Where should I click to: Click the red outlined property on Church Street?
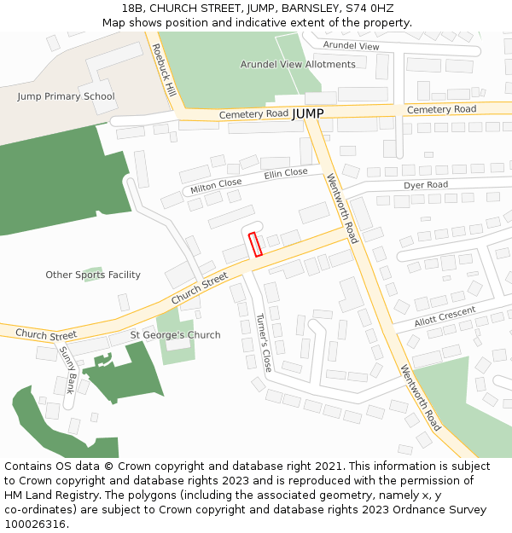[254, 244]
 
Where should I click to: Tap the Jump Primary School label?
[66, 96]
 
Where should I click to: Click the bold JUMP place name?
[308, 113]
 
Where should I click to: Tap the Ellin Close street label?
[286, 173]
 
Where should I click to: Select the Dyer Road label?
[425, 184]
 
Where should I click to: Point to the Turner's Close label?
[264, 343]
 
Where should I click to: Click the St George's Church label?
[175, 335]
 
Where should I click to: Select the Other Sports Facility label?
[93, 275]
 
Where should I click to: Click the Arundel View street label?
[351, 45]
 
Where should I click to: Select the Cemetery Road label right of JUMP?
[441, 109]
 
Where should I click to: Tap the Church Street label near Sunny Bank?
[46, 335]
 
